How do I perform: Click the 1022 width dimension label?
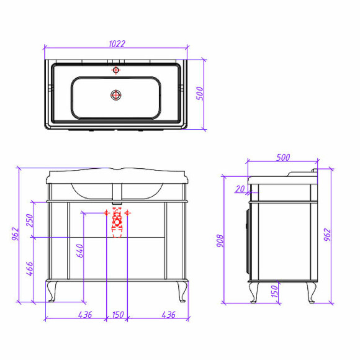[x=117, y=44]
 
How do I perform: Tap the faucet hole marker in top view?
[x=116, y=70]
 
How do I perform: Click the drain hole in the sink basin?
[x=116, y=95]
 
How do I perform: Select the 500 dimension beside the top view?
[x=200, y=93]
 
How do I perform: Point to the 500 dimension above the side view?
[x=283, y=158]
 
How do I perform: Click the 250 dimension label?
[x=30, y=220]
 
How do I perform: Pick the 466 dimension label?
[x=30, y=269]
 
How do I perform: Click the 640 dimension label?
[x=79, y=251]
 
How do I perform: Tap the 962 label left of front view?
[x=16, y=234]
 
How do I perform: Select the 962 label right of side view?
[x=327, y=235]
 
